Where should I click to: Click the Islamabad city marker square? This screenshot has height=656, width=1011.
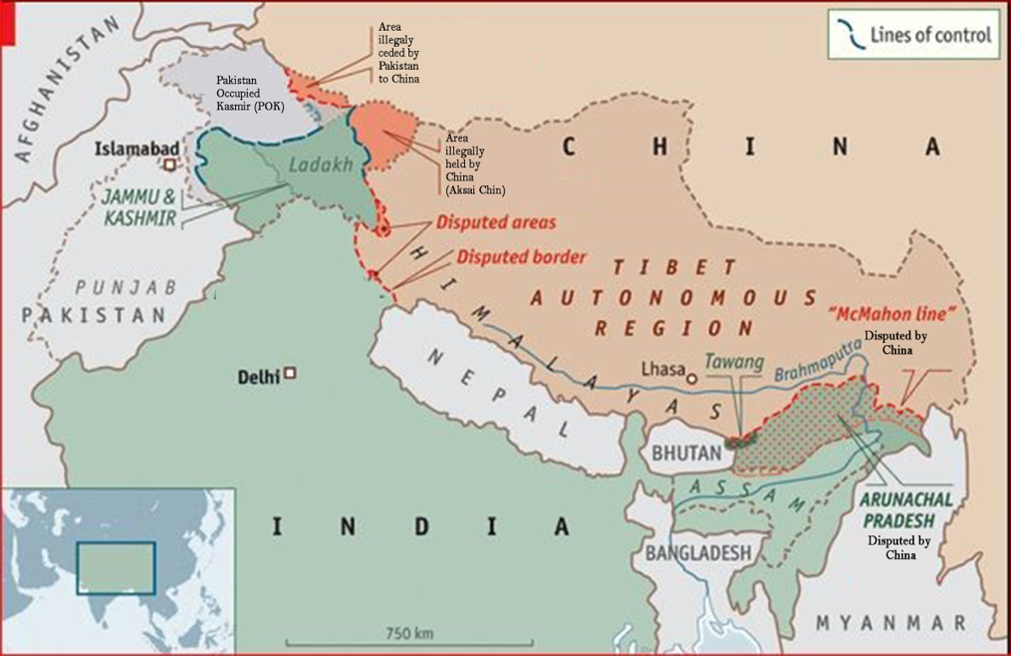coord(170,163)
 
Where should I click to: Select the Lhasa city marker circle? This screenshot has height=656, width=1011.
coord(691,379)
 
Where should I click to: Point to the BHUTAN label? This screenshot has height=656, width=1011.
coord(686,453)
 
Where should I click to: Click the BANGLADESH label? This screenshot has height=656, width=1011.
coord(696,551)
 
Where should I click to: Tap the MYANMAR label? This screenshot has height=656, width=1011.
coord(890,623)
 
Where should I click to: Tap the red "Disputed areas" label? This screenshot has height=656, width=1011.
coord(493,222)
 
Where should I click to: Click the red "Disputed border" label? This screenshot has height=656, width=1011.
coord(521,257)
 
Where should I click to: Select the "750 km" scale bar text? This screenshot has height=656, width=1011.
coord(409,633)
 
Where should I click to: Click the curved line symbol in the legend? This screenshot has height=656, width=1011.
coord(852,35)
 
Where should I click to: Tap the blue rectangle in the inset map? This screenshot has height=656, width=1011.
coord(117,567)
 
